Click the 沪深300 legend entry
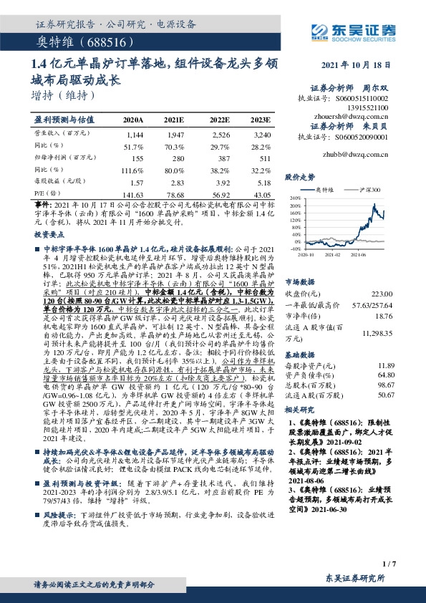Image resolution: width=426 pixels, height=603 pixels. click(369, 188)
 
